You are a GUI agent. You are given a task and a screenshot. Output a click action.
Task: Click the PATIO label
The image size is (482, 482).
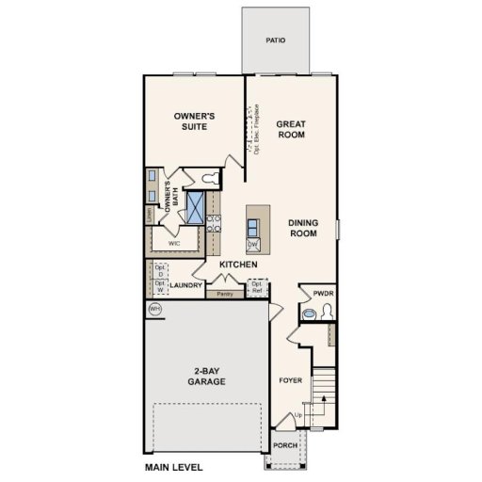point(275,41)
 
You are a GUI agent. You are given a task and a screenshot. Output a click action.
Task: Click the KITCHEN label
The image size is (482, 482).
point(238,265)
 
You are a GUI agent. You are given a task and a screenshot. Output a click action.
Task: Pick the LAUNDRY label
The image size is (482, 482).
point(186,284)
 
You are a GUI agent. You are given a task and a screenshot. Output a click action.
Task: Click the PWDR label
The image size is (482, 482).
point(312,294)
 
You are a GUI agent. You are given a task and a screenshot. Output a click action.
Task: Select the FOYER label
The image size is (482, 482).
point(290,381)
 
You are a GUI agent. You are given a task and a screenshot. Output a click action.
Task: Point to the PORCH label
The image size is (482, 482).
point(284,446)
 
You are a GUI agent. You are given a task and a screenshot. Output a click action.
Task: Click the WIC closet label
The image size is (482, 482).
point(174,243)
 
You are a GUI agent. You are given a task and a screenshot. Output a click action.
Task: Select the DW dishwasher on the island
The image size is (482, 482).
point(252,245)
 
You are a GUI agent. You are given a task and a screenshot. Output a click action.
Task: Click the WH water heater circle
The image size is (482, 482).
point(153,308)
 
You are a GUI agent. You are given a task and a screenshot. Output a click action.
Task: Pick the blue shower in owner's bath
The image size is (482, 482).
point(195,207)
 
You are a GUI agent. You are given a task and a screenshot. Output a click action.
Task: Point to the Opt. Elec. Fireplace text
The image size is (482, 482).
point(257,127)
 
